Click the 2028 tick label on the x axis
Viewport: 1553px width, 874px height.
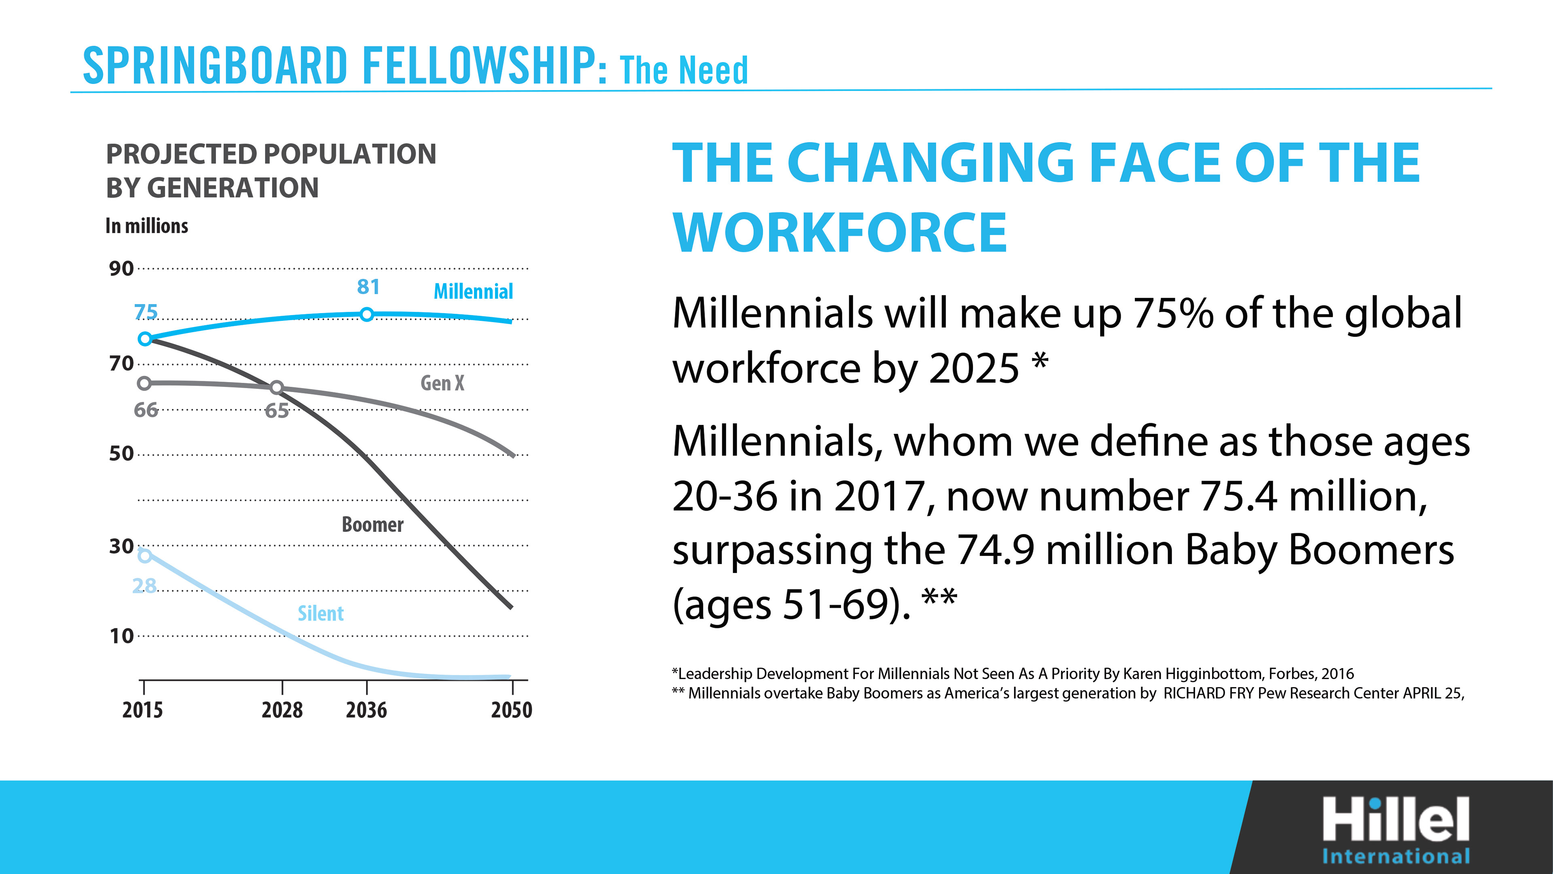coord(282,710)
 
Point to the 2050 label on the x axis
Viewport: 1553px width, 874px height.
coord(511,710)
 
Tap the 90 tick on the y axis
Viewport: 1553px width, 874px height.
coord(121,268)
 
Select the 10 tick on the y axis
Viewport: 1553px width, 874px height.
coord(121,636)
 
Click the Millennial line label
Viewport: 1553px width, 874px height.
coord(473,292)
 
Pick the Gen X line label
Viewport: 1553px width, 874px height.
coord(442,384)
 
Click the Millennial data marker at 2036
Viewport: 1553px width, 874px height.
coord(366,314)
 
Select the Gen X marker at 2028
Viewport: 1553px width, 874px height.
coord(276,388)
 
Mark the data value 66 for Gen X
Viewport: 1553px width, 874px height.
coord(145,410)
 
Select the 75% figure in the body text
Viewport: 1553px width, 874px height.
coord(1172,314)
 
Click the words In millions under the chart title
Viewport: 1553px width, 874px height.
coord(146,226)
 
